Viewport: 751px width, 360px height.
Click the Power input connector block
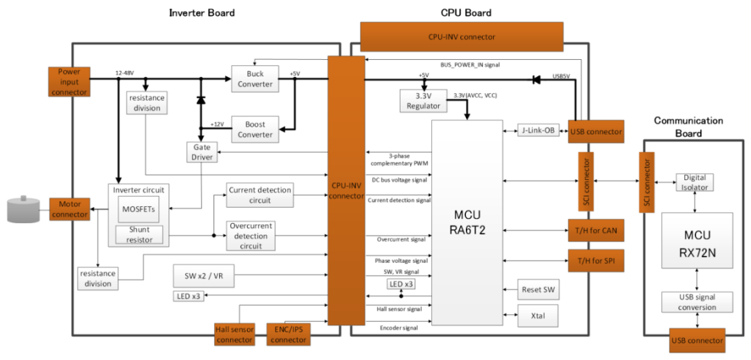(69, 81)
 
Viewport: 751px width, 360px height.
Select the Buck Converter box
(255, 79)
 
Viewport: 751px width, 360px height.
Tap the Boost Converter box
(255, 129)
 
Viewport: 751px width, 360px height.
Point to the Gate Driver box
(201, 152)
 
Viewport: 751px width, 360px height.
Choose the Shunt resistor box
(140, 234)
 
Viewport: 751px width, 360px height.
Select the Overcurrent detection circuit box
(250, 236)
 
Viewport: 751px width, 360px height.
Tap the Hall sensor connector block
(234, 334)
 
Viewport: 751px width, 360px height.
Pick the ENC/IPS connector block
(289, 334)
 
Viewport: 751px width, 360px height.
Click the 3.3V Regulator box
(423, 101)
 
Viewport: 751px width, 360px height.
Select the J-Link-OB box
(538, 131)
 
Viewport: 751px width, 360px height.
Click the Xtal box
(538, 315)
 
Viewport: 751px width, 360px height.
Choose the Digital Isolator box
(695, 182)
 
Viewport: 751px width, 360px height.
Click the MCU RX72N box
(697, 240)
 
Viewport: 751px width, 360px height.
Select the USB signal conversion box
(697, 302)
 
